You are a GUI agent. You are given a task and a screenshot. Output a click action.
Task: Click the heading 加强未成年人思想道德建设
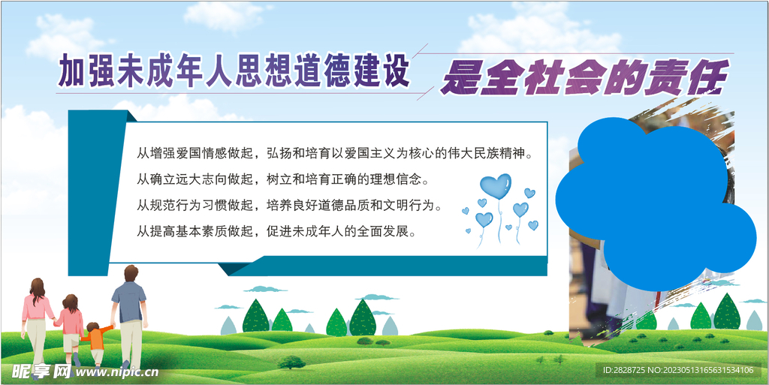click(234, 72)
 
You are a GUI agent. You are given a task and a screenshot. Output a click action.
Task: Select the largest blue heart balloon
click(496, 186)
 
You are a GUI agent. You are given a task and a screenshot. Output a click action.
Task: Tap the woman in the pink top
click(36, 319)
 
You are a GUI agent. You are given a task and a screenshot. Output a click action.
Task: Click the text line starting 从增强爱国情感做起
click(338, 155)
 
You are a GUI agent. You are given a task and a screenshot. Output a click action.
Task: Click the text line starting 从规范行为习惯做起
click(288, 205)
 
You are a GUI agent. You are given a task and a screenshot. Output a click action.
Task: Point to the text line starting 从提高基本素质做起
click(276, 230)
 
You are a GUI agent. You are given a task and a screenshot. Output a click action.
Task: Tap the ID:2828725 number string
click(620, 370)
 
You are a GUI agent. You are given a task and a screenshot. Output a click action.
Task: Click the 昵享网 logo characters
click(41, 371)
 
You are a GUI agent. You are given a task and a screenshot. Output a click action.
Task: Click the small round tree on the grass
click(291, 362)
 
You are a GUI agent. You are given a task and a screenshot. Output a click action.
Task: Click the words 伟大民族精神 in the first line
click(496, 155)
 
